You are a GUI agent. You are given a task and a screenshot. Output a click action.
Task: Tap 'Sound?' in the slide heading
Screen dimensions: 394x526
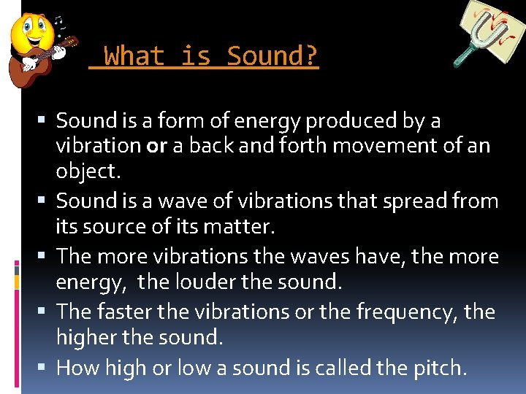[x=272, y=55]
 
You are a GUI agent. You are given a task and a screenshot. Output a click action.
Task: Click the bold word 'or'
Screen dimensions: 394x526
[x=156, y=146]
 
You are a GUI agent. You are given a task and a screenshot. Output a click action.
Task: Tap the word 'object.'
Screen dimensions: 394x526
[x=87, y=172]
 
